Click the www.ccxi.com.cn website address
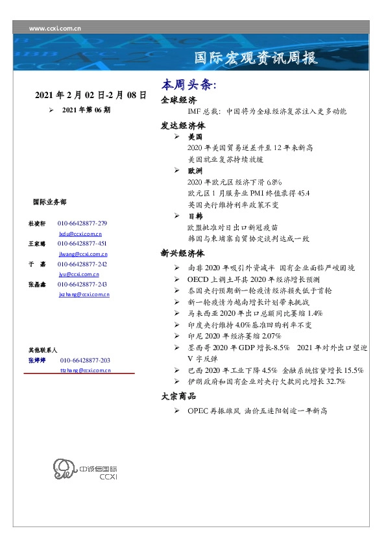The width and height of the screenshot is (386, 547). (54, 28)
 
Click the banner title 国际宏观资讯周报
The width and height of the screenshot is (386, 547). (256, 58)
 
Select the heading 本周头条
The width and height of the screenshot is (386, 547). (189, 85)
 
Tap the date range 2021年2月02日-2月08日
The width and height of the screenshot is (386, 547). (90, 95)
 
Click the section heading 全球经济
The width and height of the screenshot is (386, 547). (178, 100)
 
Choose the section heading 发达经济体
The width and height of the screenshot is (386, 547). (183, 126)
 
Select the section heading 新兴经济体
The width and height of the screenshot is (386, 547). (183, 253)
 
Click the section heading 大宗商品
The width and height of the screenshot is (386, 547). (178, 397)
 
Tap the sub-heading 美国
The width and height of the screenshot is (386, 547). (195, 138)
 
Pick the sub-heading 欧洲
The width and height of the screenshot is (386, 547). (195, 170)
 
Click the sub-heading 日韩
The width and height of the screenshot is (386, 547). (195, 215)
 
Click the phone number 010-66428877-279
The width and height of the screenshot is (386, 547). (82, 223)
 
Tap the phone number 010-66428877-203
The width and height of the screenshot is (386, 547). (85, 360)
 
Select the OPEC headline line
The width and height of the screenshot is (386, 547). (258, 411)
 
